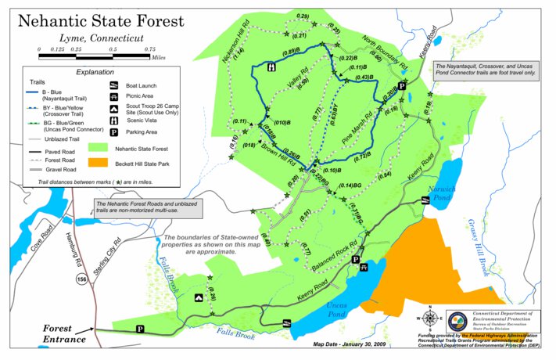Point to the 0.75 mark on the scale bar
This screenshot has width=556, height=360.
(x=149, y=49)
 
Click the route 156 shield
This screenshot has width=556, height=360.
(x=81, y=278)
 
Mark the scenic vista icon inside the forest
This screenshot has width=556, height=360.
(x=270, y=67)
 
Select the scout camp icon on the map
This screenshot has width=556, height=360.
(x=199, y=297)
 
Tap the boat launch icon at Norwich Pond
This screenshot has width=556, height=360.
(x=425, y=200)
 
